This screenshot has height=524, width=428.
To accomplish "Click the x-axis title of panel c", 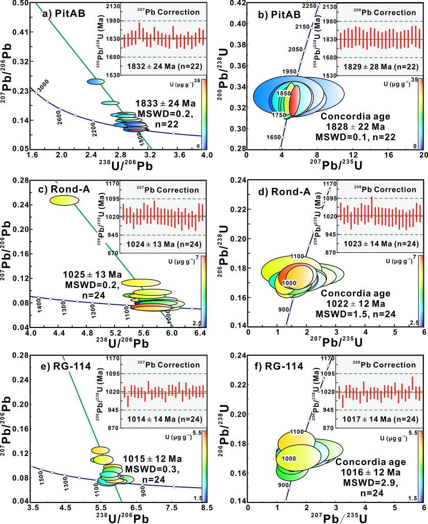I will point(118,341).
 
